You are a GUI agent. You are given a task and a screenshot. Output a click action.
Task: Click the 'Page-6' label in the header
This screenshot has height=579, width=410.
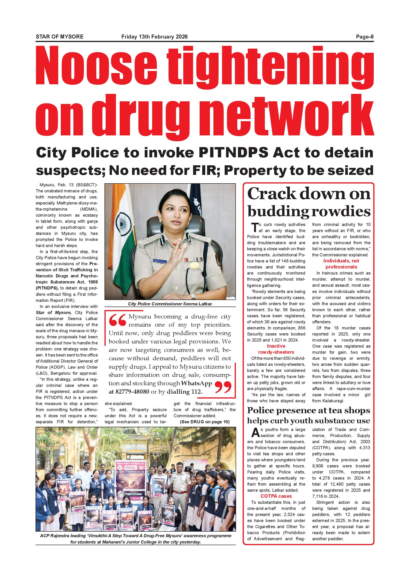365,37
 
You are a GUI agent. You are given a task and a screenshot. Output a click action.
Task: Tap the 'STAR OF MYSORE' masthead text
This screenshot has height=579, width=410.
60,37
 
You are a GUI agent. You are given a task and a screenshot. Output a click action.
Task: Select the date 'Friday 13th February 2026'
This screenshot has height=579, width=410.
154,37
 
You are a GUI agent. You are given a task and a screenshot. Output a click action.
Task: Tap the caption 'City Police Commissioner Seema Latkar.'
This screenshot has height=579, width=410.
170,304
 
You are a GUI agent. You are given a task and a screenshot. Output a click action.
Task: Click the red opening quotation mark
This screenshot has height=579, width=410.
117,320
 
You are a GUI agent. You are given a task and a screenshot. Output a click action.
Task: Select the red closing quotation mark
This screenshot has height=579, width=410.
223,387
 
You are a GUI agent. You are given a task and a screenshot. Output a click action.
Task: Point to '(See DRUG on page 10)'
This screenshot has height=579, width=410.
205,422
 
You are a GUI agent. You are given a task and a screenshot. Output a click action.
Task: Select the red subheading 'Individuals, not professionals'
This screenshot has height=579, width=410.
341,264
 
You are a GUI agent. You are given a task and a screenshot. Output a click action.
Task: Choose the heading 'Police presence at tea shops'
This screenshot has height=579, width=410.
309,410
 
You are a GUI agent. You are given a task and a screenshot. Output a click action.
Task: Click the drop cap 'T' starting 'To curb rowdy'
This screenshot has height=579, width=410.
255,227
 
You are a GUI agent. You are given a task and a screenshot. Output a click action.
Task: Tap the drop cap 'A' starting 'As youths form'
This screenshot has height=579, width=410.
255,433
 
